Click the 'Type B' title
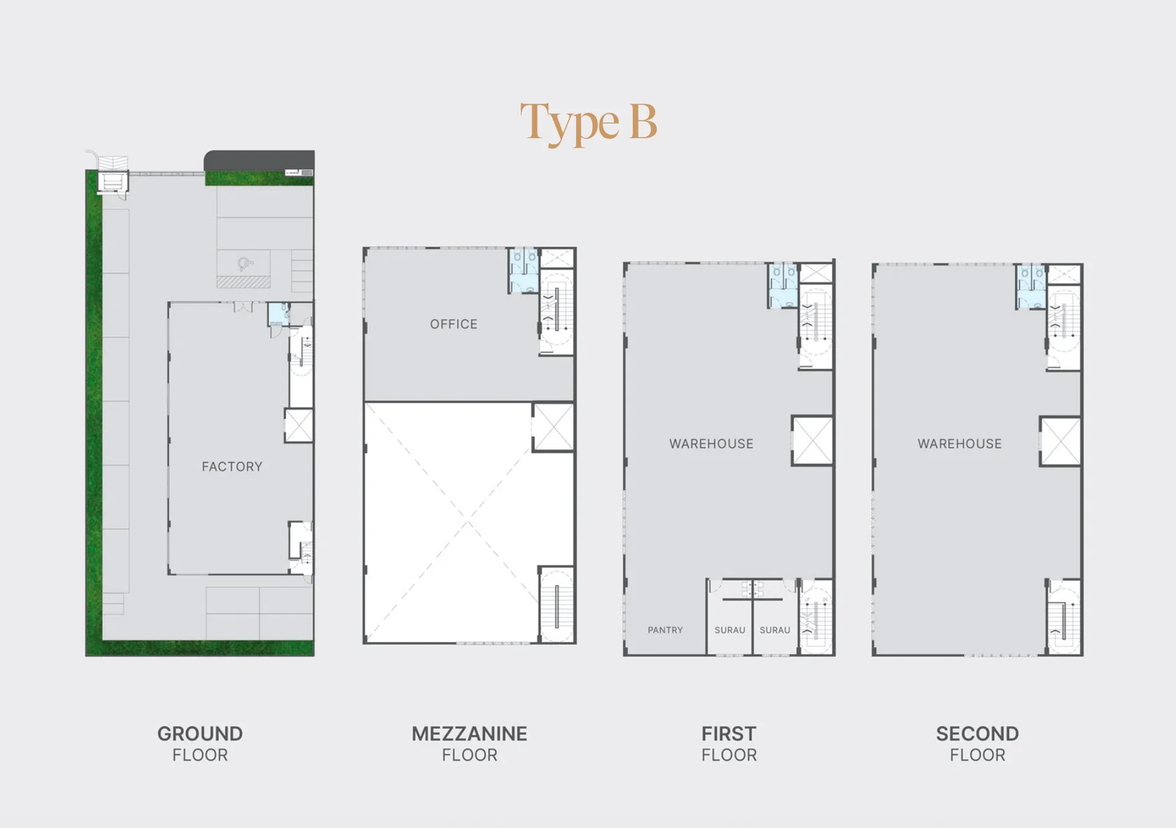(x=589, y=124)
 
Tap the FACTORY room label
(x=232, y=467)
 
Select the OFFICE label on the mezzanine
(x=453, y=324)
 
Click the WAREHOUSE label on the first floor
(x=711, y=444)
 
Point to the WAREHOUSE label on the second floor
(x=960, y=444)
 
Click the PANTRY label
(x=665, y=630)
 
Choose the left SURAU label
(x=730, y=630)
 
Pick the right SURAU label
(x=775, y=630)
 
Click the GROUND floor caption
(x=200, y=744)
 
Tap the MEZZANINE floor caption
(x=470, y=744)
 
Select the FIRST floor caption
(x=729, y=744)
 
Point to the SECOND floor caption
(x=978, y=744)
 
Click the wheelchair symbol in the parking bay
(x=245, y=264)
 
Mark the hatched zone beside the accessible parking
(x=243, y=282)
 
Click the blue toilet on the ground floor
(x=279, y=314)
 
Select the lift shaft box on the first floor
(x=812, y=441)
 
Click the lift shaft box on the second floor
(x=1061, y=442)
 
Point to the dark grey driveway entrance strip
(x=259, y=161)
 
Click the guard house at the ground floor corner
(x=113, y=182)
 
